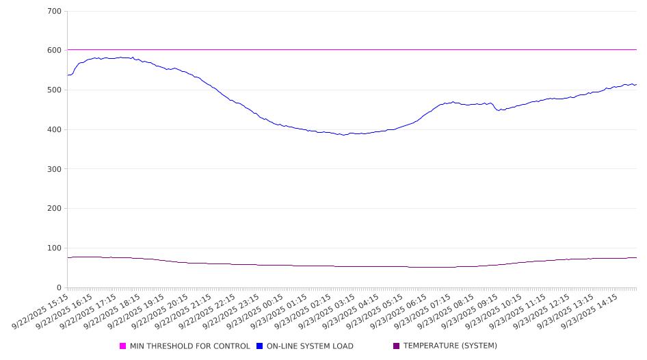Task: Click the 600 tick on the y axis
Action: click(54, 51)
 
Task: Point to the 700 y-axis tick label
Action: click(54, 12)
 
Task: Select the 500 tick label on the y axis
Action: click(54, 90)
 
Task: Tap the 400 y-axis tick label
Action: click(54, 130)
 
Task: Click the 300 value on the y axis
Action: click(54, 169)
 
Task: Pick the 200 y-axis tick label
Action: click(54, 209)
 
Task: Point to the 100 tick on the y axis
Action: click(54, 248)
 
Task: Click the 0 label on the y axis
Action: click(59, 288)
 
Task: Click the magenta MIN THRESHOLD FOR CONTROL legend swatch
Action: click(123, 346)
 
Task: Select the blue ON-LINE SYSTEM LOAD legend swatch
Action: click(260, 346)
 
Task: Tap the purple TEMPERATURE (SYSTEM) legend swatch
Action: click(397, 346)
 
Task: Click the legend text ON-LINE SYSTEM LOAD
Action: click(310, 346)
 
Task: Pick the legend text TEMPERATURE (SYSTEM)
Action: click(450, 346)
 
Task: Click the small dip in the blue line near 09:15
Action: click(499, 110)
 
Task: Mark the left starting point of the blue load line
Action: click(68, 75)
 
